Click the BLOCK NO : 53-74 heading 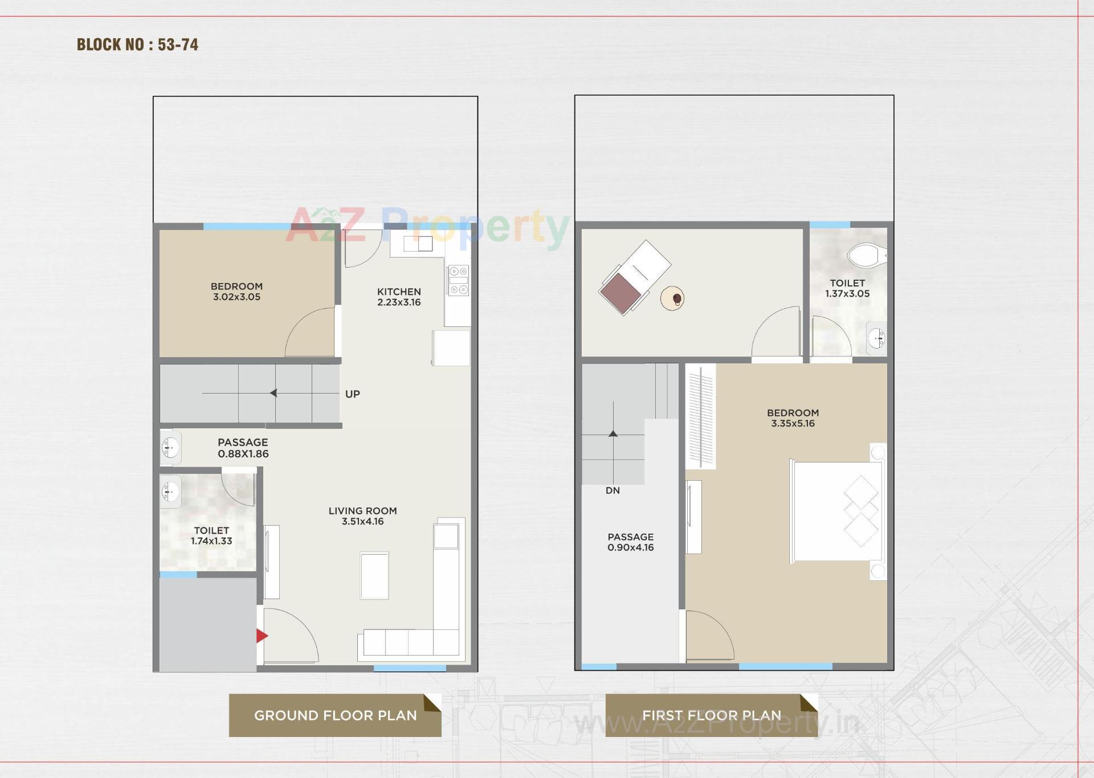click(x=137, y=44)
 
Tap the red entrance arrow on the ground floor click(x=262, y=636)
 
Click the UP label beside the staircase click(x=352, y=394)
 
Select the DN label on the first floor click(x=613, y=490)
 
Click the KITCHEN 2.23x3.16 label click(x=399, y=297)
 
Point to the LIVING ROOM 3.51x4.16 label click(x=362, y=516)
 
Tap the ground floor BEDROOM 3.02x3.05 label click(x=236, y=292)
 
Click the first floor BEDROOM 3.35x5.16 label click(x=793, y=418)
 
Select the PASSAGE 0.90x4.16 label click(x=630, y=542)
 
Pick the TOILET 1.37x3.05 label click(x=847, y=288)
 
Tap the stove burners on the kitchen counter click(x=458, y=281)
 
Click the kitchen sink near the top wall click(x=418, y=244)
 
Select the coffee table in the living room click(x=374, y=575)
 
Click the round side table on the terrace click(x=673, y=298)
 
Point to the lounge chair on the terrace click(x=634, y=278)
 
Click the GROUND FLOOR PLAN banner click(x=335, y=715)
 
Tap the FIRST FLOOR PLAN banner click(x=711, y=715)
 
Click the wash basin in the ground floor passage click(x=170, y=448)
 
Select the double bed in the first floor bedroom click(x=836, y=511)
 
